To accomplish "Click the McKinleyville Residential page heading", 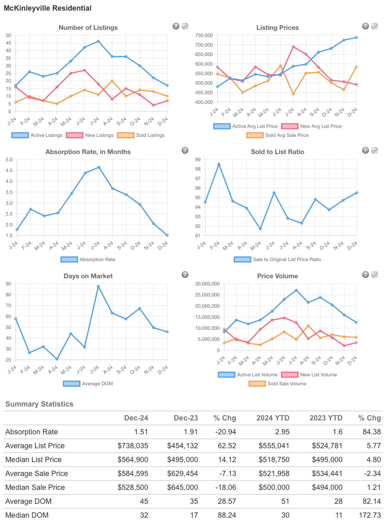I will [47, 8].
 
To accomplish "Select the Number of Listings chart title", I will [88, 28].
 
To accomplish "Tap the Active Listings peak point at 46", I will [98, 41].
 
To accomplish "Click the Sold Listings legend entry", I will [140, 135].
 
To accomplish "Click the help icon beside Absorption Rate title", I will [185, 150].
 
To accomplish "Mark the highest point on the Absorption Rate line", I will [98, 167].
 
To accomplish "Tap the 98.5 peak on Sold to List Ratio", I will [219, 164].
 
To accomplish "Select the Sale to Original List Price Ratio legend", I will [278, 259].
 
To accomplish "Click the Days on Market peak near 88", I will [98, 286].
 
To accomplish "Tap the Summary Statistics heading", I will [39, 404].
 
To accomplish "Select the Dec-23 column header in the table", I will [186, 418].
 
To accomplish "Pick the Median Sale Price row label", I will [37, 487].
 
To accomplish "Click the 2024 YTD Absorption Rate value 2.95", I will [281, 432].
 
